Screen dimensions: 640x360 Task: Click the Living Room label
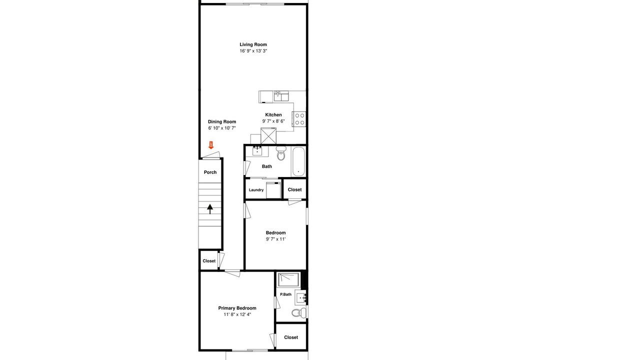[x=253, y=44]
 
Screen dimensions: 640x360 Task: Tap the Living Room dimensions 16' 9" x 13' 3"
[x=253, y=51]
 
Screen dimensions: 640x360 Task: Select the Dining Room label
[x=222, y=121]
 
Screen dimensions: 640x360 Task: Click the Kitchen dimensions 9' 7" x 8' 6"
[x=273, y=121]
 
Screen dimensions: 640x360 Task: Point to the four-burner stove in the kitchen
[x=299, y=119]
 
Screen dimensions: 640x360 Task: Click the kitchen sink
[x=281, y=96]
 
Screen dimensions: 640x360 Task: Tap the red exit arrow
[x=211, y=145]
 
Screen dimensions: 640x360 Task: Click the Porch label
[x=210, y=172]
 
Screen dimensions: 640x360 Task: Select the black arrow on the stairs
[x=210, y=209]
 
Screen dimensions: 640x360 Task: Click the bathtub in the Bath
[x=298, y=161]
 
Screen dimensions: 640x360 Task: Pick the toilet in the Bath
[x=281, y=153]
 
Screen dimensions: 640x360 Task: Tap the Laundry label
[x=256, y=190]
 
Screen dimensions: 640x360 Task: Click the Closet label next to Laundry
[x=294, y=189]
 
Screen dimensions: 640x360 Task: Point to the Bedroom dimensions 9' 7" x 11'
[x=275, y=239]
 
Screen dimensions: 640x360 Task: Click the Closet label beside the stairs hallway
[x=209, y=261]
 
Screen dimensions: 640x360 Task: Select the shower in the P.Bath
[x=289, y=279]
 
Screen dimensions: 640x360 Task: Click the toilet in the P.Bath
[x=299, y=313]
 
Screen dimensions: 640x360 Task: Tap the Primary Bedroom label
[x=237, y=308]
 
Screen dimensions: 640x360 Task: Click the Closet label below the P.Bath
[x=291, y=337]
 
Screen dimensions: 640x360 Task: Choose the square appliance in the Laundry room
[x=273, y=190]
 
